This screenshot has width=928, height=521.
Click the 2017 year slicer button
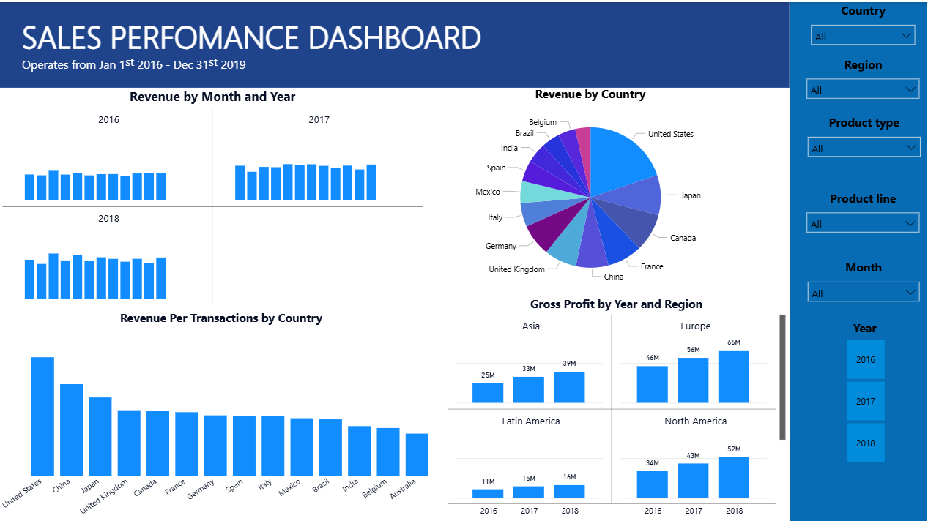click(865, 401)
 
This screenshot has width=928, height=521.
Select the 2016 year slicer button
click(865, 359)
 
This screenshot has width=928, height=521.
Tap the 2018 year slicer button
click(865, 443)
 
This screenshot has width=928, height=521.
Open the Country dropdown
click(863, 35)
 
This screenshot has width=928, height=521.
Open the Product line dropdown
click(863, 223)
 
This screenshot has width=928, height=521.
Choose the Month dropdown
click(863, 293)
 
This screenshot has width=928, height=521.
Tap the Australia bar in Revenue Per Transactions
click(417, 454)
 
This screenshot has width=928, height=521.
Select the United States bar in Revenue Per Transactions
click(42, 416)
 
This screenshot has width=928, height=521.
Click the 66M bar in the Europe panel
click(734, 376)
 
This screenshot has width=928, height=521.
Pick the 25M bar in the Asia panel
click(488, 393)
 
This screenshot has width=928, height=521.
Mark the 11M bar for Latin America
click(488, 494)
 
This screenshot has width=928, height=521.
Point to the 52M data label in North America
click(734, 449)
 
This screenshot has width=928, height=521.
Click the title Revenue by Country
click(590, 94)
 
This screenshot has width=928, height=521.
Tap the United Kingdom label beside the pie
click(516, 269)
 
